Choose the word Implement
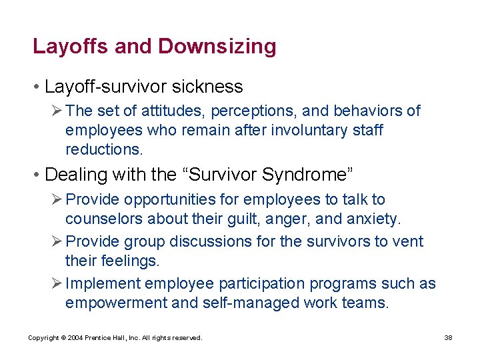click(103, 284)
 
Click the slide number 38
click(448, 338)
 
